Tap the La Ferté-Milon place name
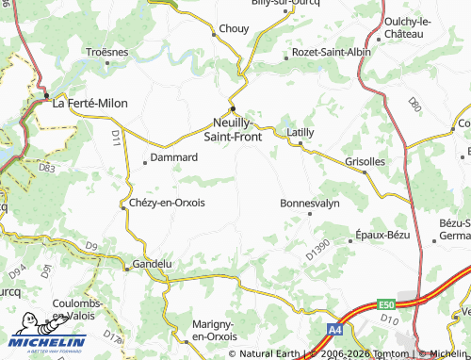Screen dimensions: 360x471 (89, 103)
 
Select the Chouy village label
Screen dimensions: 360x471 (234, 28)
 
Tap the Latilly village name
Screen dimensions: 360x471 (300, 132)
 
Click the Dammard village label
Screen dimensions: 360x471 (174, 157)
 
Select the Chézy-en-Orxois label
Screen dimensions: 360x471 (167, 202)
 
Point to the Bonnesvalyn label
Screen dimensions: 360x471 (308, 203)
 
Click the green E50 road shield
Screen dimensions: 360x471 (384, 304)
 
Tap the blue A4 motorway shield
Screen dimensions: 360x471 (335, 330)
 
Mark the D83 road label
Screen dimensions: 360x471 (47, 168)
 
